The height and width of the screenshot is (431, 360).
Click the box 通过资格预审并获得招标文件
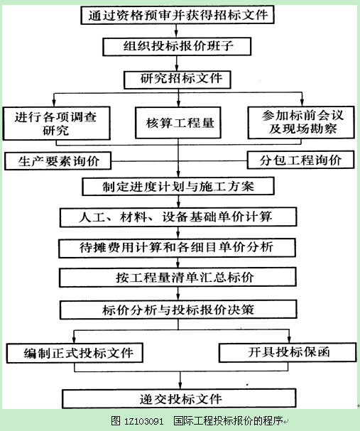click(x=178, y=15)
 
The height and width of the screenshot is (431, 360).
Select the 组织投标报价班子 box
click(x=177, y=46)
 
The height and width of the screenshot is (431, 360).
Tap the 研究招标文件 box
click(x=178, y=80)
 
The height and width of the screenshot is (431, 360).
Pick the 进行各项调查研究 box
click(x=57, y=124)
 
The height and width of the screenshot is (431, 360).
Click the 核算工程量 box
click(x=178, y=123)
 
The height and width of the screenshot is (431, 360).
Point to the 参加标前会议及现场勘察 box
click(x=301, y=123)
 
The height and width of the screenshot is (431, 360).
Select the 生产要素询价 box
click(x=58, y=160)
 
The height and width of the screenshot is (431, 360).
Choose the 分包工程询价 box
click(x=301, y=160)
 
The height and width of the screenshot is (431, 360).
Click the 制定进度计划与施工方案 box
click(x=178, y=186)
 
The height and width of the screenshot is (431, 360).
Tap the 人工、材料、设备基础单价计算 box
click(x=178, y=217)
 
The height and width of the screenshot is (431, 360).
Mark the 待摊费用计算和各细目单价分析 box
click(x=178, y=249)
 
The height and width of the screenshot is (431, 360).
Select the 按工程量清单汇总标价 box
click(x=178, y=278)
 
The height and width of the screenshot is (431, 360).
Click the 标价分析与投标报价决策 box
click(x=178, y=310)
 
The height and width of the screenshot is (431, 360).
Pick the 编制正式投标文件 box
click(x=75, y=353)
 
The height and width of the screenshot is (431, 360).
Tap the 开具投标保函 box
click(x=288, y=352)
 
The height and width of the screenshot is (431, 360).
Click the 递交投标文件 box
click(x=179, y=398)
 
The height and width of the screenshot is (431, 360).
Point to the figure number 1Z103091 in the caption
click(x=143, y=421)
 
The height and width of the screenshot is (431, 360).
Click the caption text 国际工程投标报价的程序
click(x=228, y=421)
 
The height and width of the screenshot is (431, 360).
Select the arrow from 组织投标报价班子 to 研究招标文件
click(x=177, y=63)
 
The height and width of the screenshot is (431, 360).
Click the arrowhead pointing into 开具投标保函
click(x=289, y=339)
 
